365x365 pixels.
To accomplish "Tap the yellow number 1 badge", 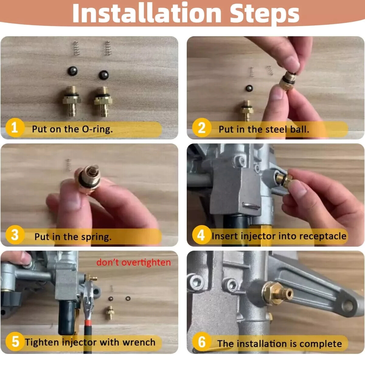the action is [15, 127].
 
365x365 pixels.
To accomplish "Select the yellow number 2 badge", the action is [202, 127].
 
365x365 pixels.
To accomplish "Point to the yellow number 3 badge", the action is [15, 235].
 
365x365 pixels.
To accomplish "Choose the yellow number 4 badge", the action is [202, 235].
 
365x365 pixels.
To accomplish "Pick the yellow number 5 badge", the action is [15, 342].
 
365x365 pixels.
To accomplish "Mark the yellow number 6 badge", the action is [202, 342].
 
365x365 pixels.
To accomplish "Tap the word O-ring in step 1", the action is [97, 129].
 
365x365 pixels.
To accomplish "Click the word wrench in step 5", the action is [139, 342].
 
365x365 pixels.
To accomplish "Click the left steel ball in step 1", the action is [73, 71].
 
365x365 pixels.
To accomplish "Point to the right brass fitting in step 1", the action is [103, 101].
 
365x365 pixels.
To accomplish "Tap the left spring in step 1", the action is [76, 48].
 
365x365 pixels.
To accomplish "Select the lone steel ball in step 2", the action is [249, 88].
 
